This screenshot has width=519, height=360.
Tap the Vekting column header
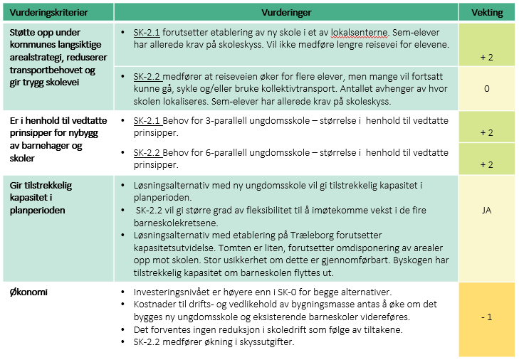(487, 13)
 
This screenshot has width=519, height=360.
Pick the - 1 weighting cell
(487, 316)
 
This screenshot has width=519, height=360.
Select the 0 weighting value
(487, 90)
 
